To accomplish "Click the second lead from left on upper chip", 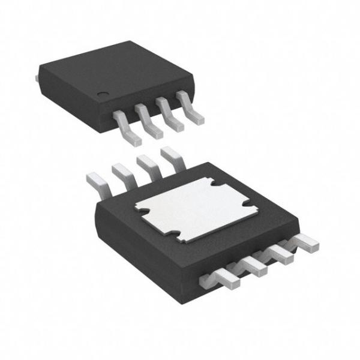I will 150,120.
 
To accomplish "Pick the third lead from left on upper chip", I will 170,114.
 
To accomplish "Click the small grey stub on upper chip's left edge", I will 38,77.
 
